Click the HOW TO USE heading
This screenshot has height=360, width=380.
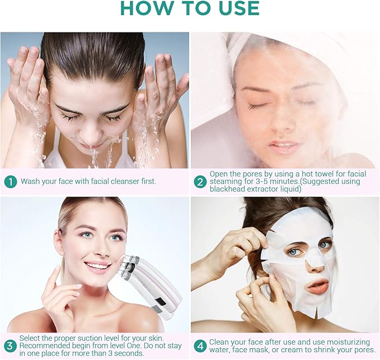pyautogui.click(x=190, y=8)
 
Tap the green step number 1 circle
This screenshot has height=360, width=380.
pyautogui.click(x=10, y=181)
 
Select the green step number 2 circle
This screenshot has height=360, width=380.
pyautogui.click(x=200, y=181)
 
